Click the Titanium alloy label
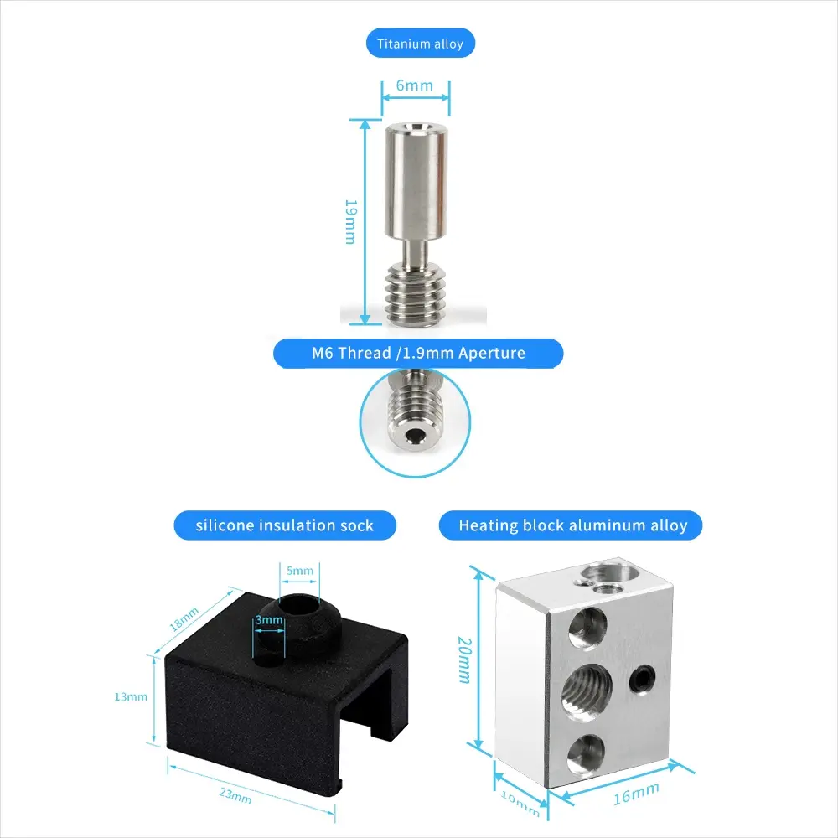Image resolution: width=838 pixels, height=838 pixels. pyautogui.click(x=420, y=44)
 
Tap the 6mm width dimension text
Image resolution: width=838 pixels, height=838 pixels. pyautogui.click(x=414, y=85)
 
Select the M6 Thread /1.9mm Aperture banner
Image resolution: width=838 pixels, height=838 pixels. pyautogui.click(x=418, y=353)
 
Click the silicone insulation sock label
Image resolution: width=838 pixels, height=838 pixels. pyautogui.click(x=284, y=525)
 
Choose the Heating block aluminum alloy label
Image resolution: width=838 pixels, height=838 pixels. pyautogui.click(x=572, y=525)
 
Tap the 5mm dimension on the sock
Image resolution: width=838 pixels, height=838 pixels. pyautogui.click(x=299, y=572)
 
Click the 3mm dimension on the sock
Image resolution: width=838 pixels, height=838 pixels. pyautogui.click(x=268, y=621)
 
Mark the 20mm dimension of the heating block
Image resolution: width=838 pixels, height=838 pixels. pyautogui.click(x=463, y=660)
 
